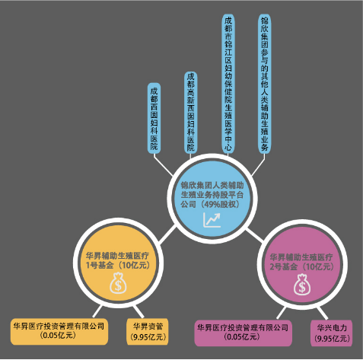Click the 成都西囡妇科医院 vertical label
click(154, 118)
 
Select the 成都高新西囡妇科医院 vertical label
click(191, 113)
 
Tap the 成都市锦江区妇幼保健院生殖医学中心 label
click(228, 84)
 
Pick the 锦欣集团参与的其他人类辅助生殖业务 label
click(265, 84)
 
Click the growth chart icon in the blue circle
click(212, 220)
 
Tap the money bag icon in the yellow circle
click(118, 282)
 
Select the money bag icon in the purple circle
click(302, 285)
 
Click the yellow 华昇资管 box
click(148, 332)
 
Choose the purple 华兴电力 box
click(332, 333)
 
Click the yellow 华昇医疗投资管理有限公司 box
click(59, 332)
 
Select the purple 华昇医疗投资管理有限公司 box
click(244, 333)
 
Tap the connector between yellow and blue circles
click(167, 234)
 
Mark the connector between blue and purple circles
click(254, 235)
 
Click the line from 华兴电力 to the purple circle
click(322, 314)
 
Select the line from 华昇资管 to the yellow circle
click(139, 312)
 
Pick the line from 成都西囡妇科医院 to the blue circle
click(163, 164)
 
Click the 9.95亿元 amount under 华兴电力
click(332, 338)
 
